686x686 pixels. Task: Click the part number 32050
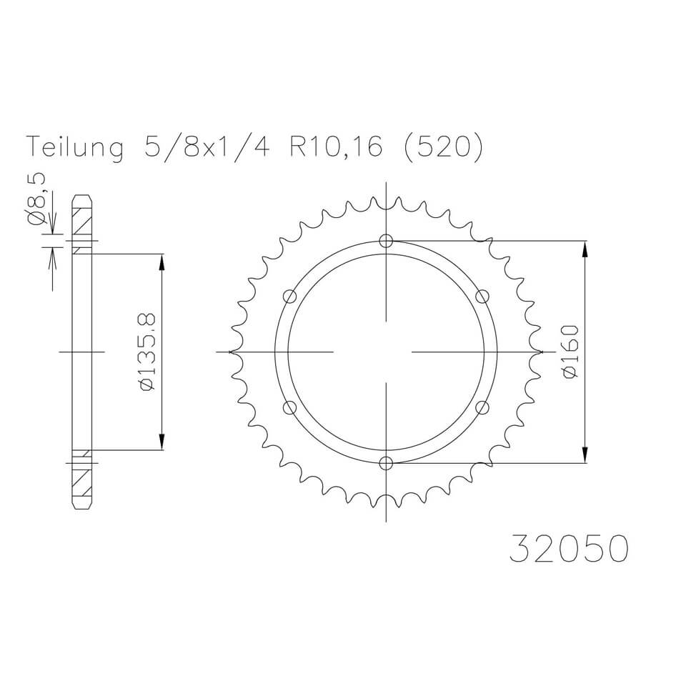(x=569, y=550)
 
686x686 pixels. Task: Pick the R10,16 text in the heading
(x=336, y=147)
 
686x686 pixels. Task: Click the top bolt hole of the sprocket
(x=386, y=241)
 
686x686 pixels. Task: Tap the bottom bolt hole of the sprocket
(x=386, y=463)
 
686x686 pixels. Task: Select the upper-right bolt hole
(x=482, y=297)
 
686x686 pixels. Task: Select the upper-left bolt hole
(x=289, y=297)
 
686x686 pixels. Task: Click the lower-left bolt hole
(x=289, y=407)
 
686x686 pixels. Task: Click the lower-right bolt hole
(x=482, y=407)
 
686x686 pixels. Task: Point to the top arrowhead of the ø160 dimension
(x=585, y=249)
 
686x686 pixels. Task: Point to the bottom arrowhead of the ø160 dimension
(x=585, y=454)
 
